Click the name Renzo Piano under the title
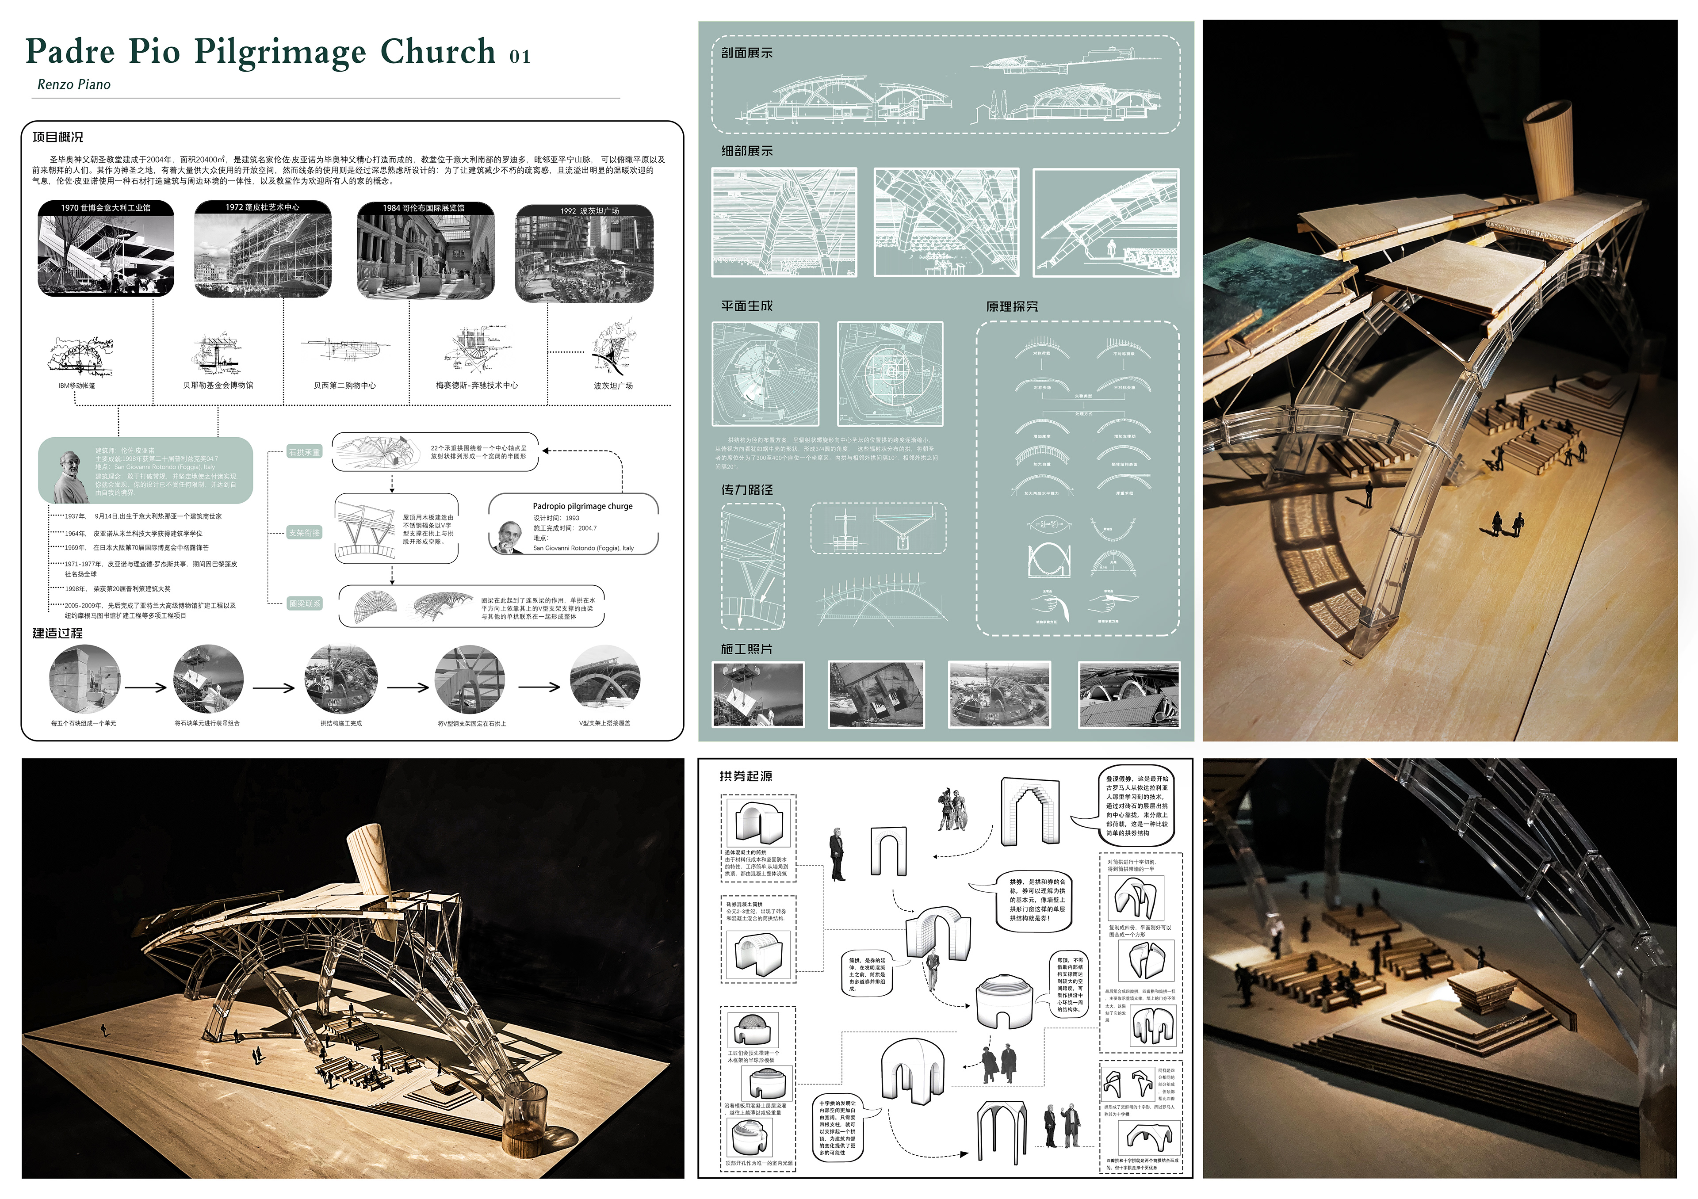pyautogui.click(x=74, y=84)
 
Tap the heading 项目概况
pyautogui.click(x=57, y=137)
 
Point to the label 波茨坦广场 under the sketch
pyautogui.click(x=613, y=385)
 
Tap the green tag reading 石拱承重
pyautogui.click(x=304, y=452)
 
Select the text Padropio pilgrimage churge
pyautogui.click(x=583, y=506)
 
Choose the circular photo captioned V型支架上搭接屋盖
pyautogui.click(x=605, y=680)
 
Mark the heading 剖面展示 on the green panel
pyautogui.click(x=746, y=53)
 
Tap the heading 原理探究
pyautogui.click(x=1012, y=306)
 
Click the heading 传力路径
pyautogui.click(x=746, y=489)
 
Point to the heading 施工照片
pyautogui.click(x=746, y=648)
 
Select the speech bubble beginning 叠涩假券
pyautogui.click(x=1137, y=806)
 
